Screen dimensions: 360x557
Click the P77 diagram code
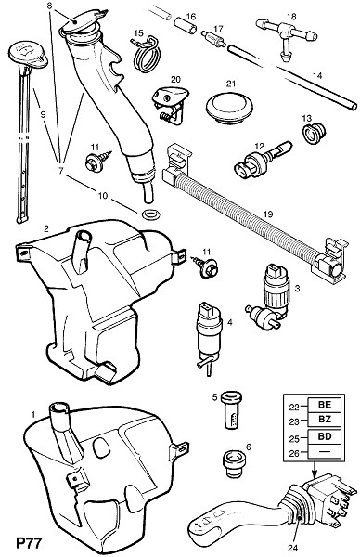[29, 543]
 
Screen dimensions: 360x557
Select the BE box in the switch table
[325, 405]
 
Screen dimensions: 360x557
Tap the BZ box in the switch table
[325, 420]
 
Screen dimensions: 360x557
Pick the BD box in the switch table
[325, 436]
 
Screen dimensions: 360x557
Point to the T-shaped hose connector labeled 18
[286, 35]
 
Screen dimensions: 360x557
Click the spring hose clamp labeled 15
[146, 53]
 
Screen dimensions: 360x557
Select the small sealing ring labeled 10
[149, 214]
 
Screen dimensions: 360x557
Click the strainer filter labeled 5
[231, 409]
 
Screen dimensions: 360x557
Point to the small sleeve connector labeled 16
[186, 26]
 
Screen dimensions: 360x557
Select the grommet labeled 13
[314, 134]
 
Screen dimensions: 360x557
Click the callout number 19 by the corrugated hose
[268, 214]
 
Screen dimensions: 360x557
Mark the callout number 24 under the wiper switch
[292, 549]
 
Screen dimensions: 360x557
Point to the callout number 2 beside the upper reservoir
[46, 228]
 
